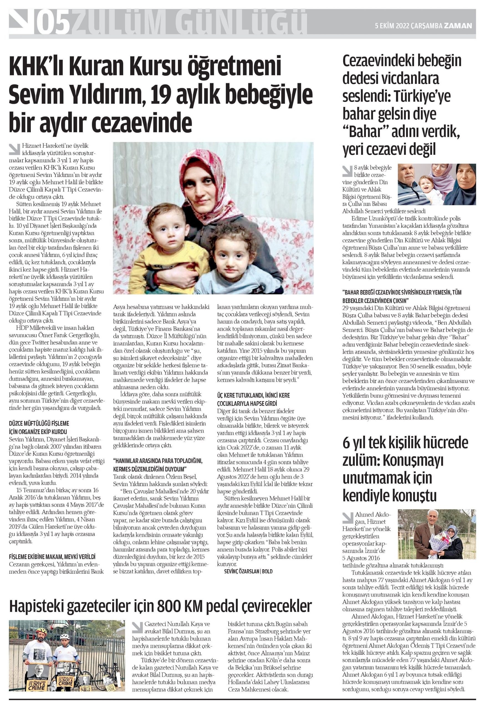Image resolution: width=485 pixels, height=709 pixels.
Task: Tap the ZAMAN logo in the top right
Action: [458, 26]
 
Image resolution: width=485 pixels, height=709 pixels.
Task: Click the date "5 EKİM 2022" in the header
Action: [392, 26]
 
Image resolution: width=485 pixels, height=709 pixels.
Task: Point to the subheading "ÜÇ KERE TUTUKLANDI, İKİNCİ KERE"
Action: [253, 395]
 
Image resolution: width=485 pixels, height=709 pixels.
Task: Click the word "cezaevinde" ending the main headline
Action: [142, 122]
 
